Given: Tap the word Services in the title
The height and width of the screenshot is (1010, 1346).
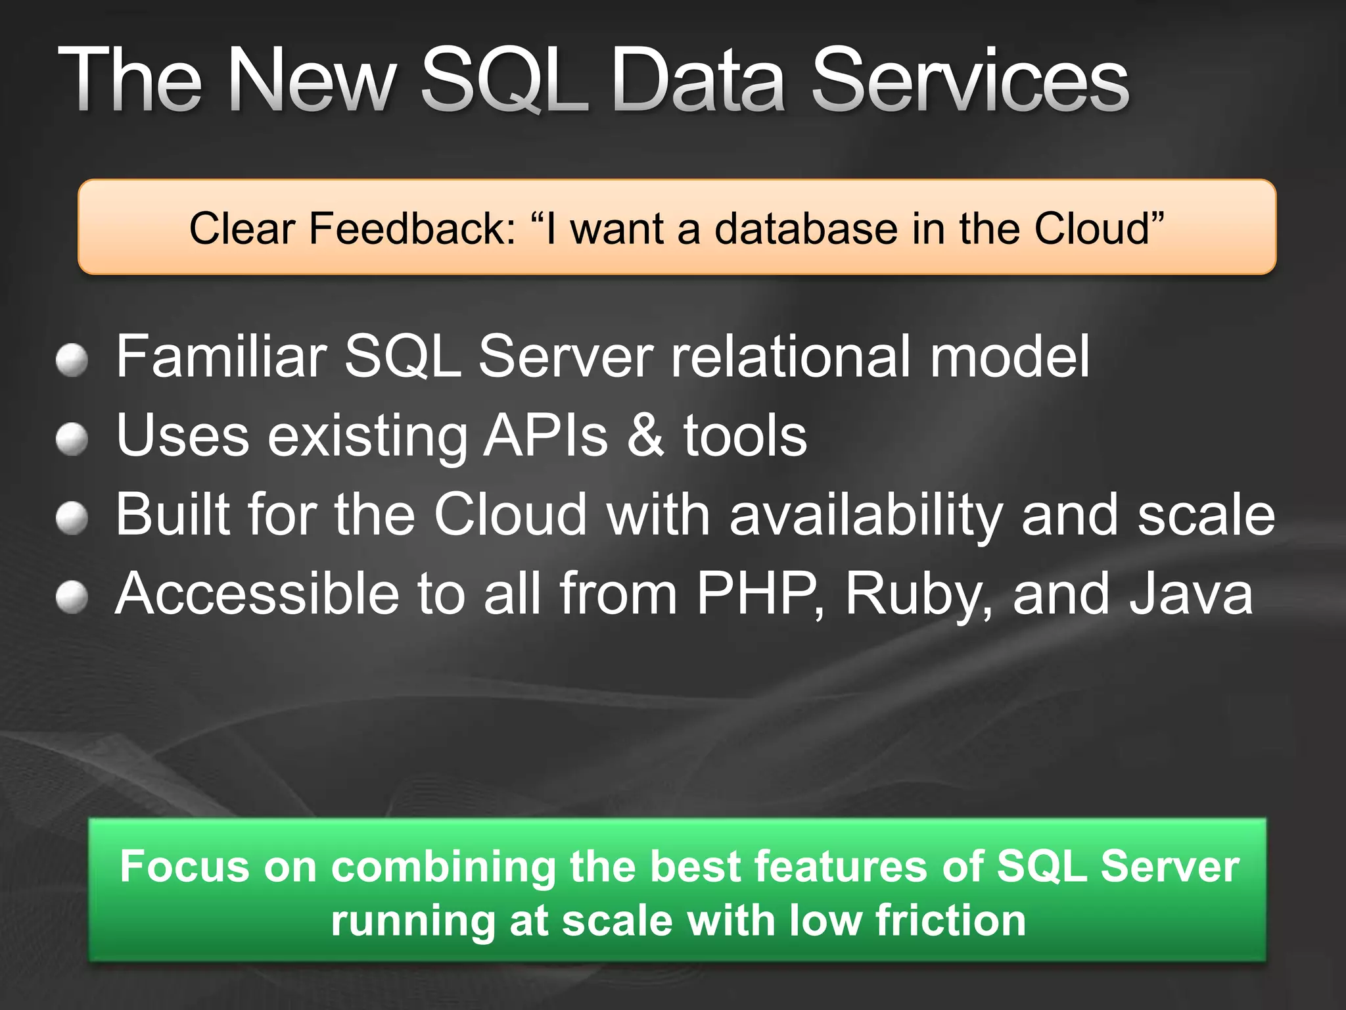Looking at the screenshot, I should [970, 80].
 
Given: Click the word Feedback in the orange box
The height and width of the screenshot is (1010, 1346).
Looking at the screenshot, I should [412, 229].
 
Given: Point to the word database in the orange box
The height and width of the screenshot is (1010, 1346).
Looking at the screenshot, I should [806, 229].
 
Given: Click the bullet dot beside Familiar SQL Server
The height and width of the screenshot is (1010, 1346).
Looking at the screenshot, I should [72, 360].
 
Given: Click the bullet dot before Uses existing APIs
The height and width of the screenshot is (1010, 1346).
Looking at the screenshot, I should [72, 439].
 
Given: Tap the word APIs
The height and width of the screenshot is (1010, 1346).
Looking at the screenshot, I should [545, 435].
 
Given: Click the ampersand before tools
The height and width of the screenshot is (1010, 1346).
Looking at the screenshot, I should [645, 435].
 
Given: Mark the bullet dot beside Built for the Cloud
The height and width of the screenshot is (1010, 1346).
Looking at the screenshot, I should [72, 518].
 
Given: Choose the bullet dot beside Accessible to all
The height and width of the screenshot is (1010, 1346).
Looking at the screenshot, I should [72, 597].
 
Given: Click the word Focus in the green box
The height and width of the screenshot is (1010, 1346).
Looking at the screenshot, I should [185, 866].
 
